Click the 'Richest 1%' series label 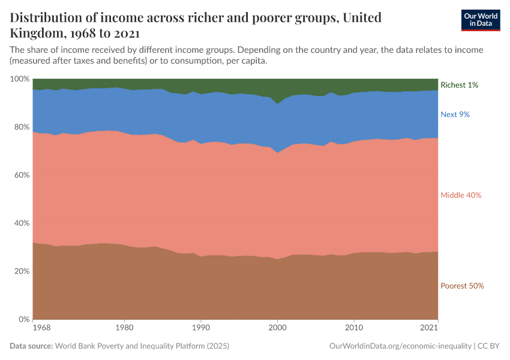(x=459, y=85)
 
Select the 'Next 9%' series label (x=455, y=114)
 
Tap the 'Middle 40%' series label (x=461, y=195)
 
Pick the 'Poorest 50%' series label (x=462, y=286)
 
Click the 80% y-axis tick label (x=22, y=127)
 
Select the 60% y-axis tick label (x=22, y=175)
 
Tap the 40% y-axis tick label (x=22, y=223)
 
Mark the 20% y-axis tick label (x=22, y=271)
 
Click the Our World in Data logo (x=480, y=20)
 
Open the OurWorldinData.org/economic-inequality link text (x=400, y=346)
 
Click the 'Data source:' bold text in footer (x=31, y=346)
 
